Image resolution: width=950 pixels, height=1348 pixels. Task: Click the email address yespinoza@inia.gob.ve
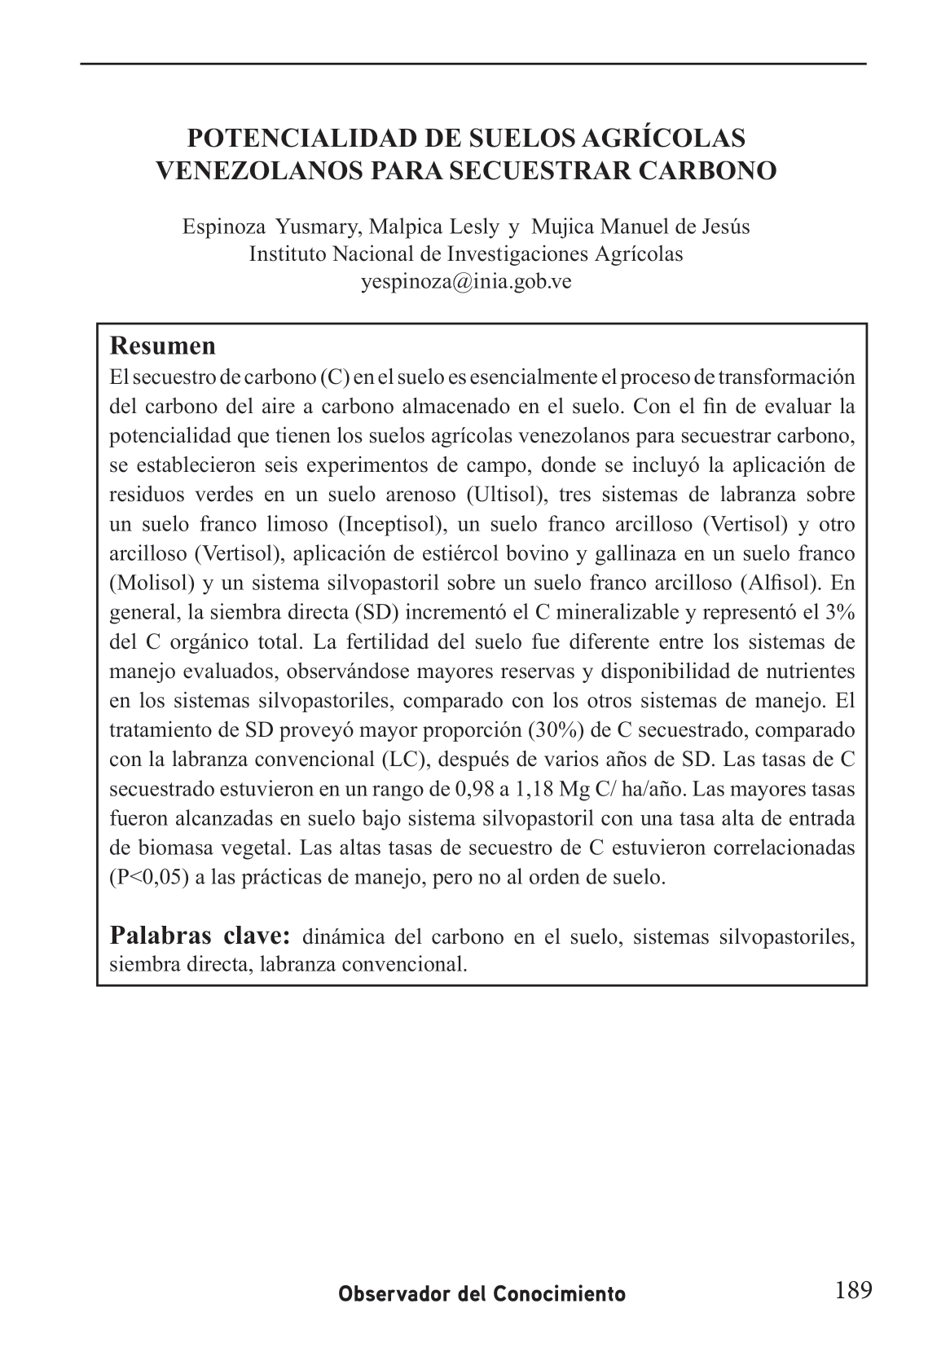(x=466, y=281)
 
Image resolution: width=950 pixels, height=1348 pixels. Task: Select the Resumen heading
(x=163, y=346)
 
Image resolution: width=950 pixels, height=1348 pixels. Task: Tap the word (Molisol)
(x=151, y=583)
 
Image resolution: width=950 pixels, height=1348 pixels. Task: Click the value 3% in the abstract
(x=838, y=612)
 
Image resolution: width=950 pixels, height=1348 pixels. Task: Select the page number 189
(x=853, y=1290)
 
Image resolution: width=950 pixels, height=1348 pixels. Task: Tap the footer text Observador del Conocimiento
(x=482, y=1293)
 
